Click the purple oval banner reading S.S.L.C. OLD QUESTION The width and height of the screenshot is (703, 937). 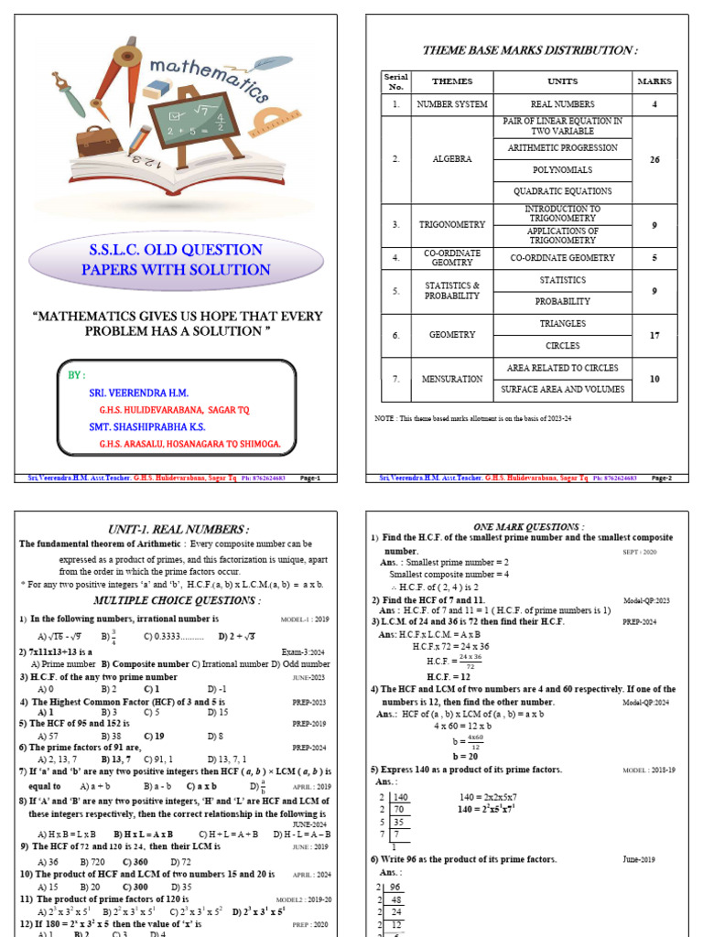[x=176, y=260]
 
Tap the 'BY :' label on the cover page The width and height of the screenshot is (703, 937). [x=77, y=375]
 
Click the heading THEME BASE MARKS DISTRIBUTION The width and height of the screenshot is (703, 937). [x=529, y=50]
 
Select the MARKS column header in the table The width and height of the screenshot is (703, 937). [x=654, y=81]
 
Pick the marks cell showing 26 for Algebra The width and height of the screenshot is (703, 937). [x=654, y=159]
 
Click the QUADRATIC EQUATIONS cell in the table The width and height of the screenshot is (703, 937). [x=562, y=191]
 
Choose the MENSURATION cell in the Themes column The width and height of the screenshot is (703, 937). [x=452, y=378]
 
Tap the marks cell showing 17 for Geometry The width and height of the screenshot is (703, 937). [x=654, y=335]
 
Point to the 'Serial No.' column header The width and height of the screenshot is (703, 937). [x=395, y=81]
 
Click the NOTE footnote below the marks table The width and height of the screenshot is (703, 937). [x=473, y=417]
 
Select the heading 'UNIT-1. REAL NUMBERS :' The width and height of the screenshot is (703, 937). [x=177, y=529]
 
